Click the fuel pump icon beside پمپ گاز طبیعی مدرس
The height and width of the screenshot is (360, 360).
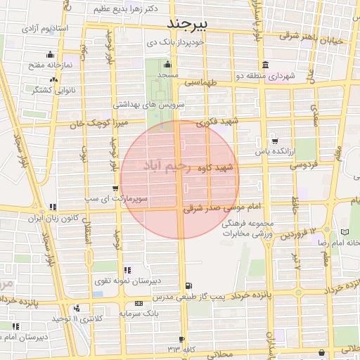coord(188,285)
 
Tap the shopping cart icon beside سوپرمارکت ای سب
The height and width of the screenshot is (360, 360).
coord(115,188)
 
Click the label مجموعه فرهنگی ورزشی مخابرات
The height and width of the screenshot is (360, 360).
coord(247,227)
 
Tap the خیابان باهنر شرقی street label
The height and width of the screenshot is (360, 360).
coord(316,40)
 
